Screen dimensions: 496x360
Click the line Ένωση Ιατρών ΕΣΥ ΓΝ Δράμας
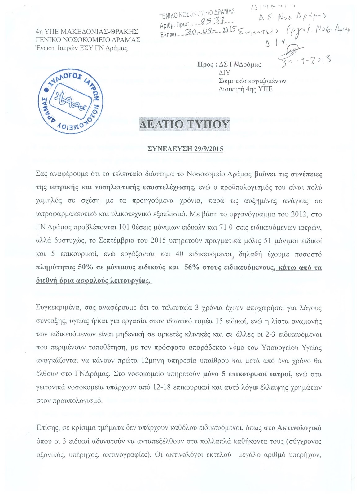82,48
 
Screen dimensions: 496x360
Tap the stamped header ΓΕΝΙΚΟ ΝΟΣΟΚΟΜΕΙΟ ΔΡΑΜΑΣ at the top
197,11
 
